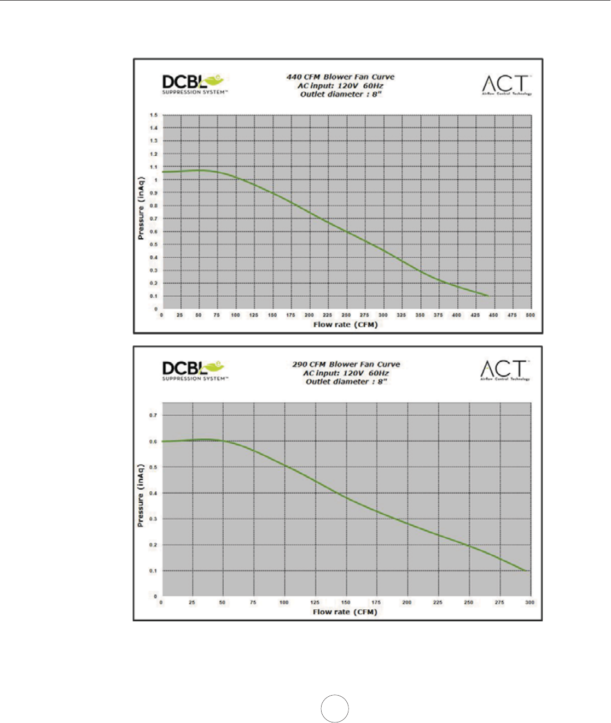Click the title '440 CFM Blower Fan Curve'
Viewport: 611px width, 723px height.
point(340,77)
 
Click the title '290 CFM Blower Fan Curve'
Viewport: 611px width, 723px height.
point(346,365)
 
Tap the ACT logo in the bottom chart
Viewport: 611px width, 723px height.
point(505,370)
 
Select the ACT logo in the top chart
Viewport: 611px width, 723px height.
point(507,85)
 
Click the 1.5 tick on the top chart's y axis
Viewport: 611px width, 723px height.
point(154,115)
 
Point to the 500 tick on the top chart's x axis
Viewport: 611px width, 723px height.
point(530,315)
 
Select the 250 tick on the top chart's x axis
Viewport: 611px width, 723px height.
point(346,315)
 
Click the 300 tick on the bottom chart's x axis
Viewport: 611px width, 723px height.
point(529,602)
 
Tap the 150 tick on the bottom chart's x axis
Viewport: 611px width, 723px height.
point(346,602)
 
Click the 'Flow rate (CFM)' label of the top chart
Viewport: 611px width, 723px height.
point(345,325)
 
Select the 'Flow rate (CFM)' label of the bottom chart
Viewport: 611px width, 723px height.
point(345,612)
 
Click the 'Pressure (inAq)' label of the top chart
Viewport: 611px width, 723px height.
point(141,208)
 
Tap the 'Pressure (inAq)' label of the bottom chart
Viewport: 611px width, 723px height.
point(141,495)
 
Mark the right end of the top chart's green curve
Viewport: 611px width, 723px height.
point(488,296)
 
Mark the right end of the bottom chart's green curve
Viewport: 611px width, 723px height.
point(526,571)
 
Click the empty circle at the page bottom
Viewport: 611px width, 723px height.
point(335,708)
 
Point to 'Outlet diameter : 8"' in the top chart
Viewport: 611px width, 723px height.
point(340,95)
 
